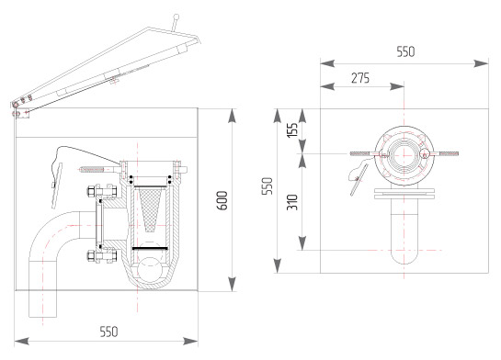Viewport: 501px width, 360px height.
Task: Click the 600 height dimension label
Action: pos(222,200)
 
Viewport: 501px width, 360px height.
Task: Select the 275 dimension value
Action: pos(360,78)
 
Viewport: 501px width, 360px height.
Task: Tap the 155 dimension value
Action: pos(292,129)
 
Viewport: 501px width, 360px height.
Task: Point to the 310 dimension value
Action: pos(292,202)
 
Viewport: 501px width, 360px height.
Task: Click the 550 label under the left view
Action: pos(109,332)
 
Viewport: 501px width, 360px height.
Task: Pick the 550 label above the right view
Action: pos(405,51)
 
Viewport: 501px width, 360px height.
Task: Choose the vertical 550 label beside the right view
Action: pos(268,186)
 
